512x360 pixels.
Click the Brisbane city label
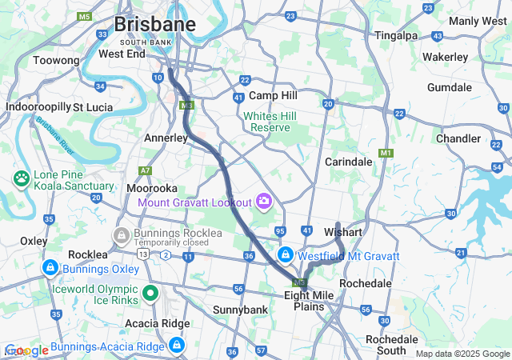(x=155, y=24)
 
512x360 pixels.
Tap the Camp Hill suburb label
(x=274, y=95)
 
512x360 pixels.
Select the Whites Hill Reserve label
(x=270, y=122)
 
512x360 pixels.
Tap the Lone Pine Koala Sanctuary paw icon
(x=21, y=177)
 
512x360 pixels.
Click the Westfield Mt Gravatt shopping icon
(x=285, y=255)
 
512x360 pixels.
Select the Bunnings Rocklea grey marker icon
(x=122, y=234)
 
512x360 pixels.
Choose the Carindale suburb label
(x=349, y=162)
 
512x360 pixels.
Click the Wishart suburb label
(x=345, y=232)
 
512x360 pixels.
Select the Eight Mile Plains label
(x=309, y=301)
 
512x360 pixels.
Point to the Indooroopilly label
(x=38, y=106)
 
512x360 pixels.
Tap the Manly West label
(x=477, y=21)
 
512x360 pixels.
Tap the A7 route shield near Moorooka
(x=145, y=170)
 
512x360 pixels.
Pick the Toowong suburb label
(x=56, y=61)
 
